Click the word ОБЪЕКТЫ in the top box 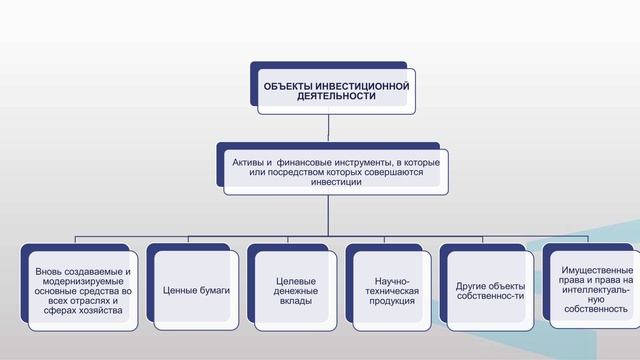click(x=284, y=88)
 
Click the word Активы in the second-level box click(x=249, y=161)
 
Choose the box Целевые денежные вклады click(x=295, y=290)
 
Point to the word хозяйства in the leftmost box click(x=100, y=310)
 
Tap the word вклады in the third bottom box click(x=295, y=301)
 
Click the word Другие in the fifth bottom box click(x=469, y=284)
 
